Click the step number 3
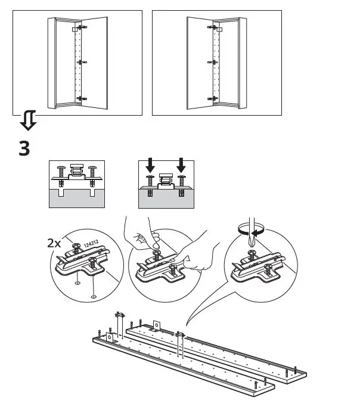coord(24,148)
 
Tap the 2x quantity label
coord(54,243)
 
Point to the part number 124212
coord(91,244)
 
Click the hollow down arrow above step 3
coord(27,121)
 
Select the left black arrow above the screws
coord(151,165)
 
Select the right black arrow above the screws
coord(181,165)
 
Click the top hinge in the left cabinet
coord(78,27)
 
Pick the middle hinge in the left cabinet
coord(82,61)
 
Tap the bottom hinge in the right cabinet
coord(212,98)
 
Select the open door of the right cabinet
coord(198,63)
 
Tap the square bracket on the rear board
coord(157,325)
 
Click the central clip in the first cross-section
coord(76,172)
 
